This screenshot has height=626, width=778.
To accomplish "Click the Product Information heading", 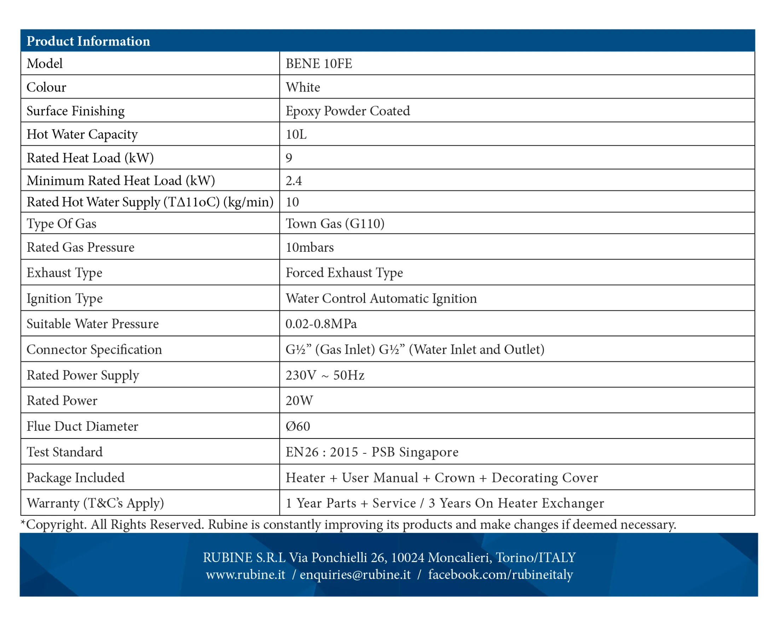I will tap(88, 41).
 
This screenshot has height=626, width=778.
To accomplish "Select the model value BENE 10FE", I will tap(319, 64).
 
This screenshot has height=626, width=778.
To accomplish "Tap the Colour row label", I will tap(46, 87).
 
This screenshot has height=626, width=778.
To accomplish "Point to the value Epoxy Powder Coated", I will tap(348, 111).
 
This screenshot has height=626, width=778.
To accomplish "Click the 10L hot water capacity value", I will tap(296, 134).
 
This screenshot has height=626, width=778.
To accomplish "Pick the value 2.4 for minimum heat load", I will tap(294, 180).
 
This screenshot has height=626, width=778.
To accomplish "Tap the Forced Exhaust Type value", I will tap(344, 272).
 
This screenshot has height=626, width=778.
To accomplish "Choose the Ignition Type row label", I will tap(65, 298).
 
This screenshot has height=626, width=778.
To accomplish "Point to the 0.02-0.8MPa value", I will tap(321, 324).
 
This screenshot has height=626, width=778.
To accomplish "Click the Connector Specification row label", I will tap(94, 349).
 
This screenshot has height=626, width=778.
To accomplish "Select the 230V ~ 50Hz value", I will tap(325, 375).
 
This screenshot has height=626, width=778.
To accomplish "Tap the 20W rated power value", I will tap(299, 400).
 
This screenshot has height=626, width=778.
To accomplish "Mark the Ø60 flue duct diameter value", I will tap(298, 426).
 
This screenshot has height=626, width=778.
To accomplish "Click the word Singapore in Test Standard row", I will tap(428, 452).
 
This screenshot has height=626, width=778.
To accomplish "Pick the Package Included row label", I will tap(75, 478).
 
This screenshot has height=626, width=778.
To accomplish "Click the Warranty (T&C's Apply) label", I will tap(95, 503).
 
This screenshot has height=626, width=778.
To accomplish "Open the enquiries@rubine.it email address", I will tap(355, 575).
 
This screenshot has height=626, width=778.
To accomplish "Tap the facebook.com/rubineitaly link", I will tap(500, 575).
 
